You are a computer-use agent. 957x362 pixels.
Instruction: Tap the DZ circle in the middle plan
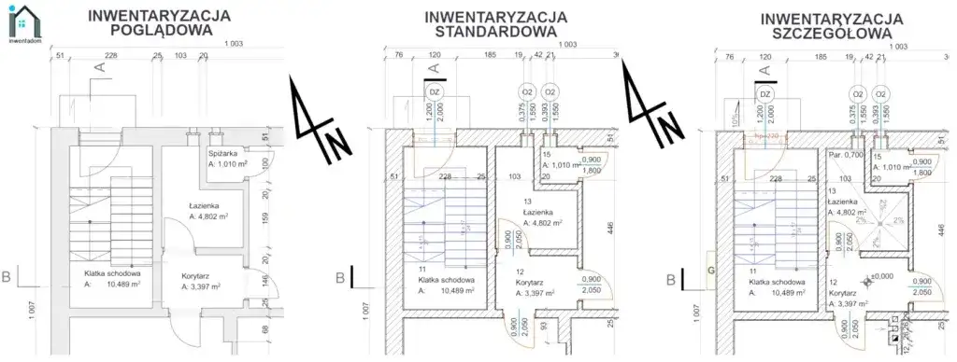434,92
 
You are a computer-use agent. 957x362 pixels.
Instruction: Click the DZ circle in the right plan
764,93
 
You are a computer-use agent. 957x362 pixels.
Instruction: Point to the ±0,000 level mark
882,276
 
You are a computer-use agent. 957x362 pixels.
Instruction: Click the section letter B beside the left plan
7,277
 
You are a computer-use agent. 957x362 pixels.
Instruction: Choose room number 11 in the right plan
751,270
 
